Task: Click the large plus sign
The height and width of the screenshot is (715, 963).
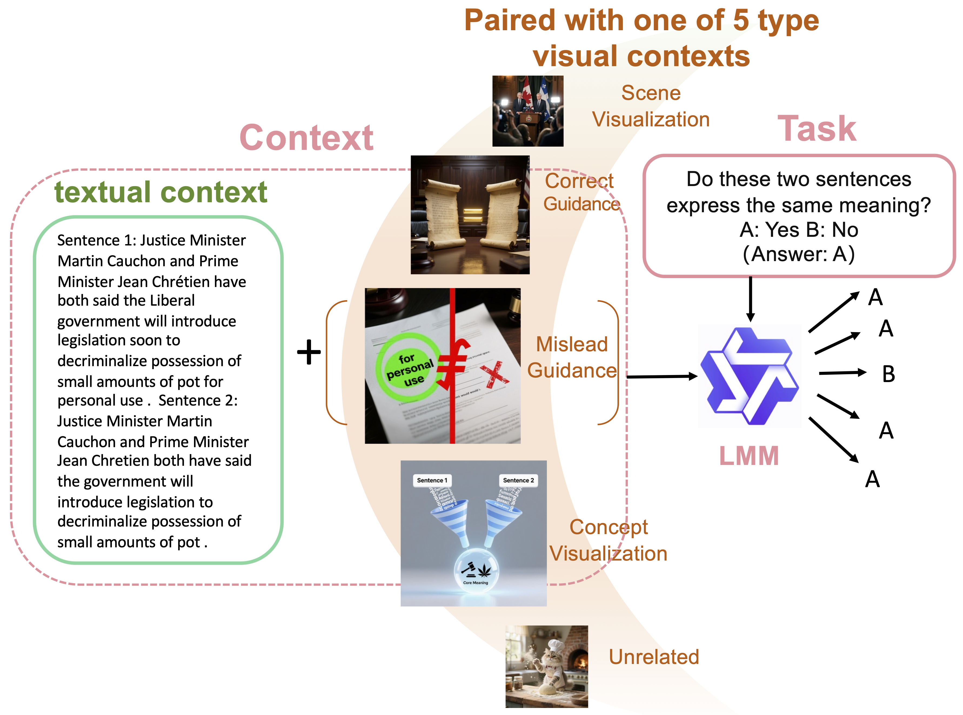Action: point(309,352)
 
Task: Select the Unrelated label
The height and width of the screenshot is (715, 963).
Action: point(653,657)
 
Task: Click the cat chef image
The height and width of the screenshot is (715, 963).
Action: point(546,666)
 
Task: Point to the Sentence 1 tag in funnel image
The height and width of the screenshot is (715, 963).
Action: point(432,480)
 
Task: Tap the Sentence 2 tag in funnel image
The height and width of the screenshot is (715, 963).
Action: point(518,480)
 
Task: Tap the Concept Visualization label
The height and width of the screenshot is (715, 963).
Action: point(608,540)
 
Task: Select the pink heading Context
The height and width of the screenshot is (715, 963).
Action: point(306,138)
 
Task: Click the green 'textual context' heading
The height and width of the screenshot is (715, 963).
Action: point(161,192)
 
